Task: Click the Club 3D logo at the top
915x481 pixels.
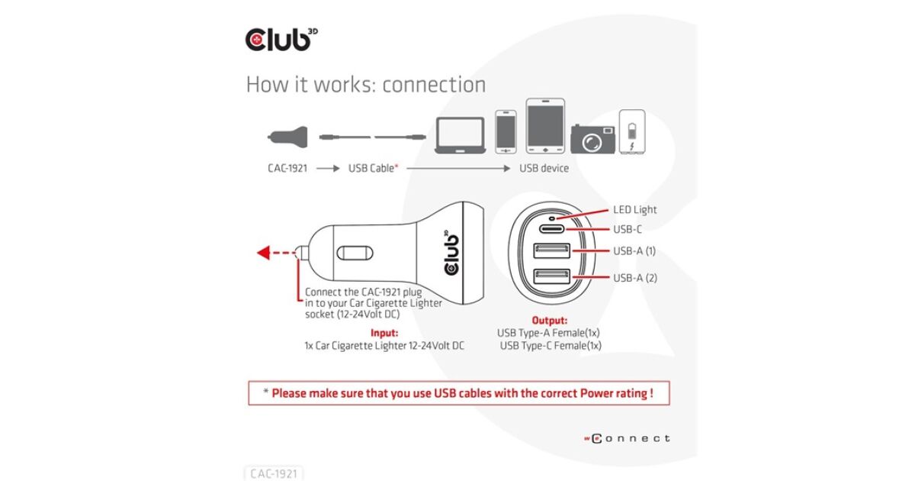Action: coord(279,38)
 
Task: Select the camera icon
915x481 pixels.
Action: coord(592,138)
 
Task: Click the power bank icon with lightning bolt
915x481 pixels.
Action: coord(632,132)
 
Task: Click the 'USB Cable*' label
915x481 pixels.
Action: coord(374,168)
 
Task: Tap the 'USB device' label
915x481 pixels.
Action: coord(544,168)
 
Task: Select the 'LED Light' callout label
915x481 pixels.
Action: coord(634,209)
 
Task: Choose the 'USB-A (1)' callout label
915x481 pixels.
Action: coord(634,251)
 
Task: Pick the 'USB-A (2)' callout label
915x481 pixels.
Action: coord(634,277)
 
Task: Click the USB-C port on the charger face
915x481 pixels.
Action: coord(548,228)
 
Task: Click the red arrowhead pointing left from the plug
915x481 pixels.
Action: coord(263,253)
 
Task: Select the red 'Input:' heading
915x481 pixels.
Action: coord(384,333)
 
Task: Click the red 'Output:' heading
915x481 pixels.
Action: coord(548,321)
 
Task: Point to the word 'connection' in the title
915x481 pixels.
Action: coord(434,84)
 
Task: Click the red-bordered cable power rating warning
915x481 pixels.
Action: coord(458,393)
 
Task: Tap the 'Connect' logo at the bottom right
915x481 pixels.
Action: coord(628,438)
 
